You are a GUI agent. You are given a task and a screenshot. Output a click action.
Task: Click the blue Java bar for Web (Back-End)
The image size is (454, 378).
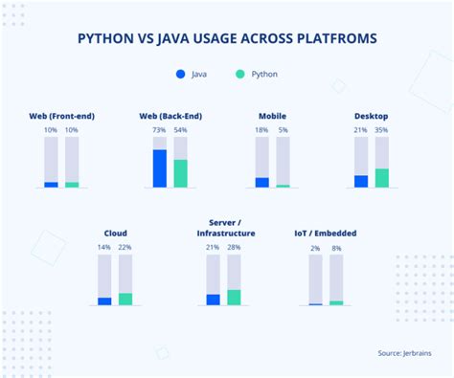point(159,168)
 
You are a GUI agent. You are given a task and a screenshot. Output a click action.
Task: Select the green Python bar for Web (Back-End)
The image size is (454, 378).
point(180,173)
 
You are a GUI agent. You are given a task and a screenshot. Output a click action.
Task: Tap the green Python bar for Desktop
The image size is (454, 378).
point(381,178)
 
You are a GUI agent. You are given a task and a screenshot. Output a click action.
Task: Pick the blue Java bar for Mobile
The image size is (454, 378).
point(261,182)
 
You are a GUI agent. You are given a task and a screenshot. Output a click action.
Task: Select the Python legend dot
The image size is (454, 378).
point(240,74)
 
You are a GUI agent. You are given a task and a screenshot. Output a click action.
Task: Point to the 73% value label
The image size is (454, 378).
point(159,129)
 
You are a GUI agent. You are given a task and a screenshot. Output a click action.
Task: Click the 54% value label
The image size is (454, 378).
point(180,129)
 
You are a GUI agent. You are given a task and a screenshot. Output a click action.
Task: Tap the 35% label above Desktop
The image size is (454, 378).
point(381,129)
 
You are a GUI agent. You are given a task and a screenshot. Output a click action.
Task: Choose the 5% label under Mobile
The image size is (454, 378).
point(283,129)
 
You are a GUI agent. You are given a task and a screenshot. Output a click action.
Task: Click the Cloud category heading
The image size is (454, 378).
point(115,233)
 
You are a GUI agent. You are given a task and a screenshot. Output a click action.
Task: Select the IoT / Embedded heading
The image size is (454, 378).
point(326,233)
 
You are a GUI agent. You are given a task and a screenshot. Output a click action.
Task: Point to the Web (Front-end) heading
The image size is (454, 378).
point(62,116)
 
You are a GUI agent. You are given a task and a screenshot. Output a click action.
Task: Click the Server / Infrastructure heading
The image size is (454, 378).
point(226,227)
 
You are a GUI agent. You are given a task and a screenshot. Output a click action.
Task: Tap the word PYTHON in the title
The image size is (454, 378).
point(107,39)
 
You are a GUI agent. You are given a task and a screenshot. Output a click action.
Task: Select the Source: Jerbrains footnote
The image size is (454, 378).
point(404,353)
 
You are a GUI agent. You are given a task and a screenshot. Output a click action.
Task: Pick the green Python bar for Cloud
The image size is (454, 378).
point(125,299)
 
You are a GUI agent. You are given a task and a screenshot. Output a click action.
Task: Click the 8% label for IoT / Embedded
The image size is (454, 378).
point(336,247)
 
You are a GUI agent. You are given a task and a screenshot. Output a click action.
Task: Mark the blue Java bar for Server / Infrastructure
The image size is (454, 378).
point(213,300)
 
